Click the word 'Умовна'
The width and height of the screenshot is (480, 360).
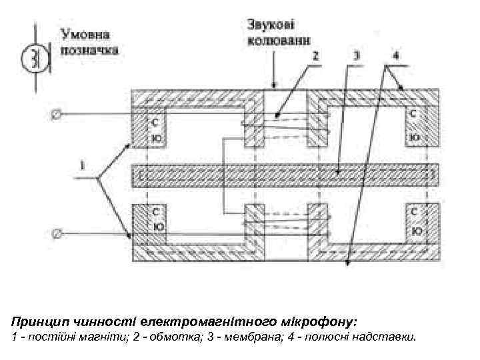87,33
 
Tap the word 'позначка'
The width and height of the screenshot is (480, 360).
89,49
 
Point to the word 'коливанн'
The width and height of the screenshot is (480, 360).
279,40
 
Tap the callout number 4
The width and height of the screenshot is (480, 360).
396,57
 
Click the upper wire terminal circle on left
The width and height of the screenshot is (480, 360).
57,114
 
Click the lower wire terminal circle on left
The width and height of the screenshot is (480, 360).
57,233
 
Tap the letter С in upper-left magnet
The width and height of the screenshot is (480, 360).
155,122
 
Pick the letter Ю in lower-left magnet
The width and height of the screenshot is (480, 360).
157,227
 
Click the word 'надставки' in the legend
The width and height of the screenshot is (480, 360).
389,337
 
